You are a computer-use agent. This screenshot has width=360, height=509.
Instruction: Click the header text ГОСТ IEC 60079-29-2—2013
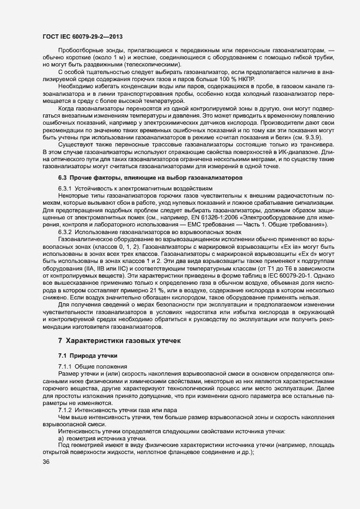(82, 36)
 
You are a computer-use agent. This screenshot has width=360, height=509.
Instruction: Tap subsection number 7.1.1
(67, 366)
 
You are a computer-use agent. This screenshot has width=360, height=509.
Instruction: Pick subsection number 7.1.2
(67, 410)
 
